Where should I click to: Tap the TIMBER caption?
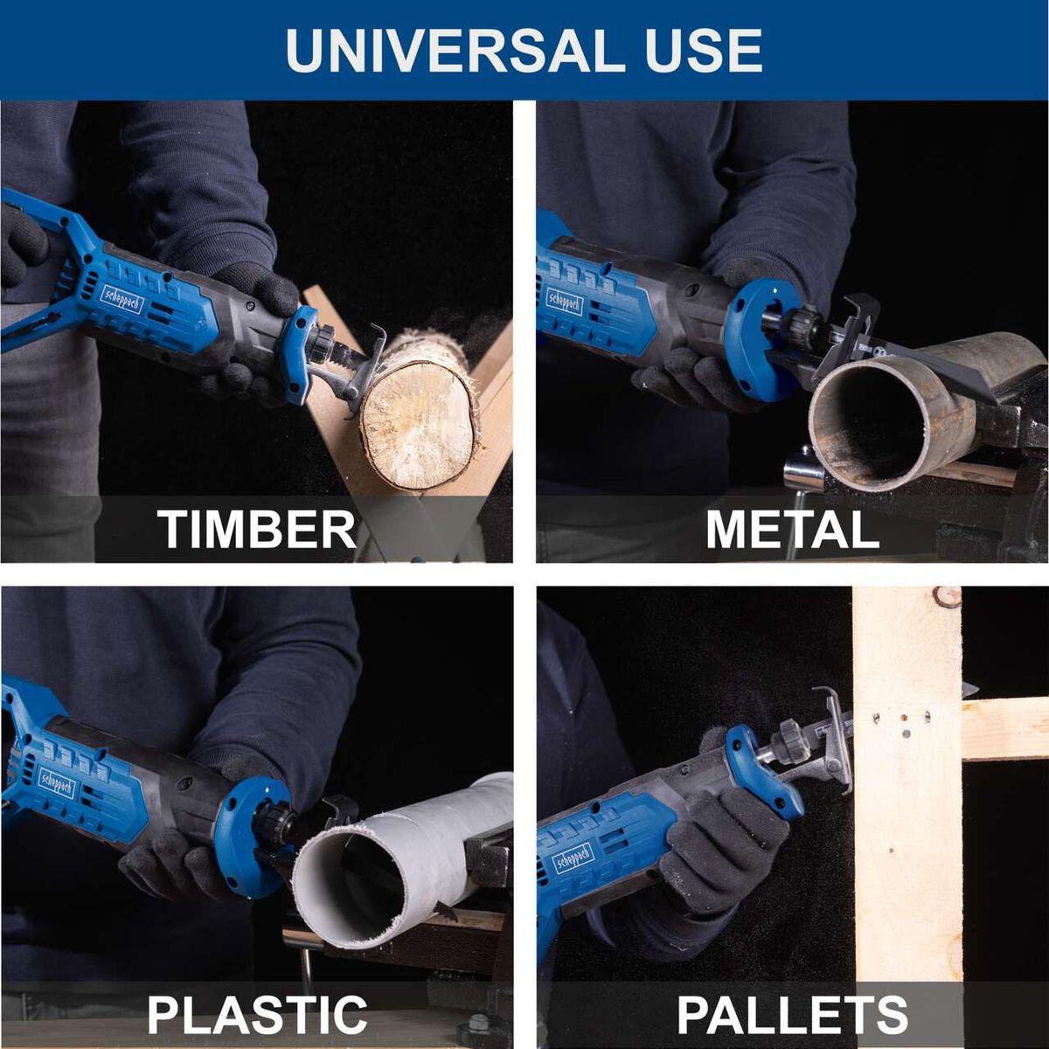[x=257, y=529]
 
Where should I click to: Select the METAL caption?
[x=792, y=529]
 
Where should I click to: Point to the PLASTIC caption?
[x=257, y=1014]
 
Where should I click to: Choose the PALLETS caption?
[x=792, y=1014]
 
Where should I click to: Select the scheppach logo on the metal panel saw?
[x=564, y=299]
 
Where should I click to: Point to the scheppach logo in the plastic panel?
[x=57, y=784]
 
